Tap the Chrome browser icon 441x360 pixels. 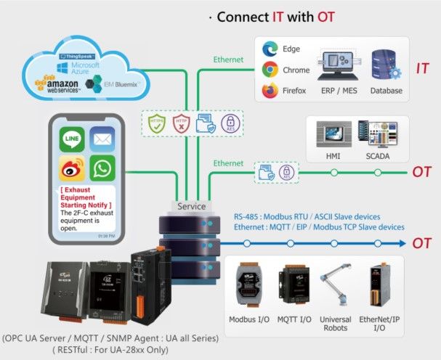tap(270, 70)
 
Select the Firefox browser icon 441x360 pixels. tap(270, 91)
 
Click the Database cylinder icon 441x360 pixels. tap(385, 66)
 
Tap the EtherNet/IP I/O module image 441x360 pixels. tap(376, 287)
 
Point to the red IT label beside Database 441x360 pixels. tap(422, 69)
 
